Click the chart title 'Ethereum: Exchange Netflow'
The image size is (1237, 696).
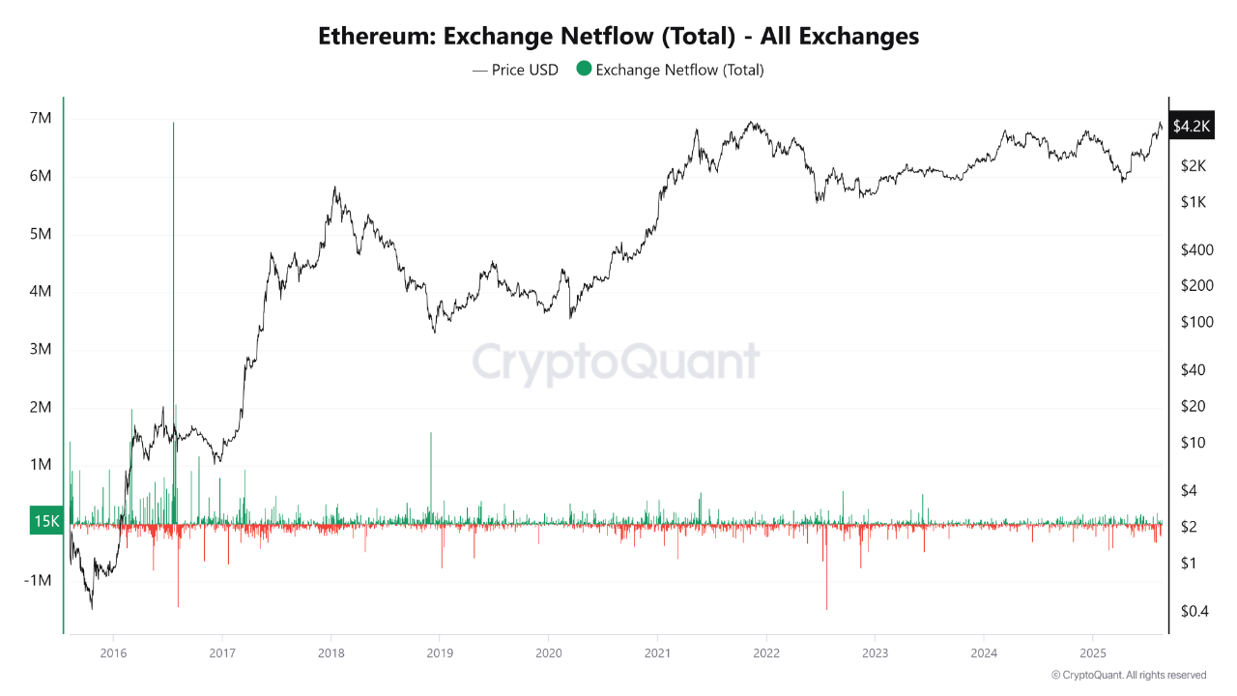coord(618,37)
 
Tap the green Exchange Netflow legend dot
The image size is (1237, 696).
coord(583,70)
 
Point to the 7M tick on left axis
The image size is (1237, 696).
coord(40,118)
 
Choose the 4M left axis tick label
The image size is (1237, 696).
coord(40,291)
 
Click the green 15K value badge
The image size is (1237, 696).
coord(46,521)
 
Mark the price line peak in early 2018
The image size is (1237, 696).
coord(334,188)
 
